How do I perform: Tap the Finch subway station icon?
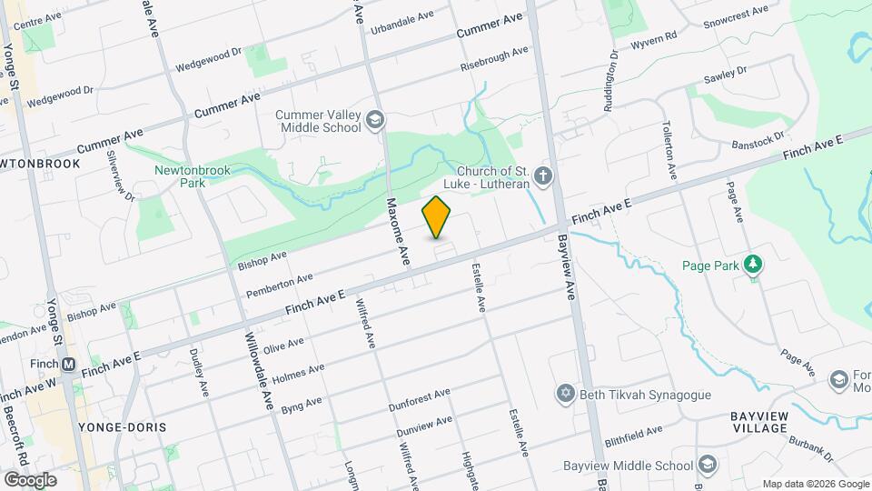point(68,364)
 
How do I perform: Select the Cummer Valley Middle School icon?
point(374,120)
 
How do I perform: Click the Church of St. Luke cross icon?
point(543,175)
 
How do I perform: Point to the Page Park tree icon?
point(752,266)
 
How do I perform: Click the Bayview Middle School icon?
point(705,464)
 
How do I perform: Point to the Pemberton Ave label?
point(280,286)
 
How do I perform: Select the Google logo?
point(29,479)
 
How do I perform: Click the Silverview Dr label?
point(121,175)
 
